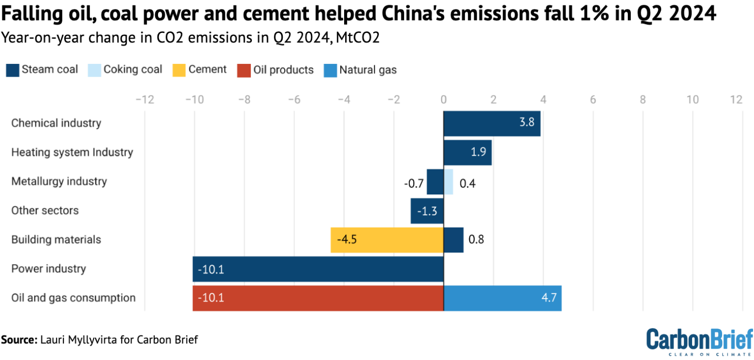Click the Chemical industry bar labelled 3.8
click(x=491, y=123)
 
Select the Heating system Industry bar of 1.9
click(x=467, y=152)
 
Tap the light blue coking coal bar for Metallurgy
click(x=448, y=181)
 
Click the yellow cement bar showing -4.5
click(x=387, y=240)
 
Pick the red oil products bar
click(x=318, y=298)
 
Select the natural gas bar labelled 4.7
click(x=502, y=298)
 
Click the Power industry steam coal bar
click(x=318, y=269)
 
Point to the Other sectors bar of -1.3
click(x=427, y=211)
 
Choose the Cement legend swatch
click(x=179, y=70)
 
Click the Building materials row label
click(x=56, y=240)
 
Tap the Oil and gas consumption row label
click(x=73, y=298)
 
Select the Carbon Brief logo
click(x=699, y=340)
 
